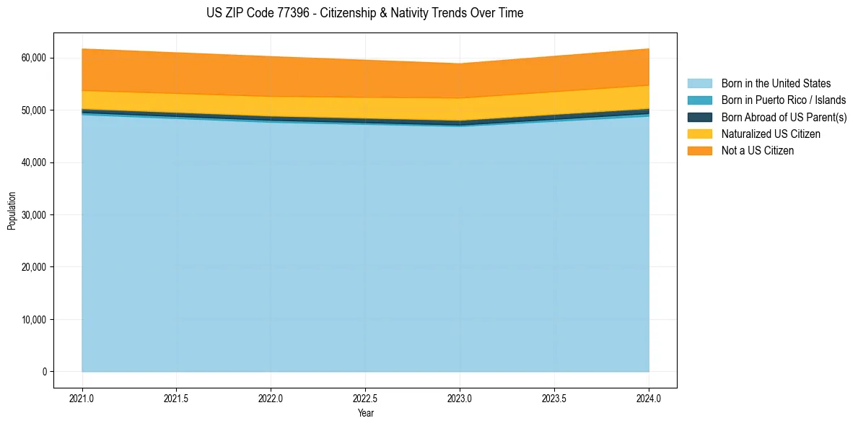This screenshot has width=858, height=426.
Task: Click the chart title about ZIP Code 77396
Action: pos(364,13)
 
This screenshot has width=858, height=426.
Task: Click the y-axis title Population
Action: pos(12,211)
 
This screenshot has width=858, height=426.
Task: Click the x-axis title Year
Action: pos(365,414)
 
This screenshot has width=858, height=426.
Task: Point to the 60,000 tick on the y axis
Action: pos(34,58)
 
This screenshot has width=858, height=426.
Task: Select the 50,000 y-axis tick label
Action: pos(34,110)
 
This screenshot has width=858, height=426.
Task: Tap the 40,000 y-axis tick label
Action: pos(34,162)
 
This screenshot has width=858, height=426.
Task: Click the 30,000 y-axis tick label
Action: pos(34,215)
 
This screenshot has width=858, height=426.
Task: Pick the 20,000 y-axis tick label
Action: pos(34,267)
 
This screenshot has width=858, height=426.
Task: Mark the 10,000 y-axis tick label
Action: pos(34,320)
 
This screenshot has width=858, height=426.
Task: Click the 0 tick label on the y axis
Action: pos(43,372)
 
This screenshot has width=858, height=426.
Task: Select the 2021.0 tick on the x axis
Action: pos(82,398)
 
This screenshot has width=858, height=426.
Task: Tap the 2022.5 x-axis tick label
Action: pos(365,398)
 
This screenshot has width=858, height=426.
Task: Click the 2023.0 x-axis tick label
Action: pos(460,398)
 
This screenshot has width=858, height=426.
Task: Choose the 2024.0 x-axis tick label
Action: pos(649,398)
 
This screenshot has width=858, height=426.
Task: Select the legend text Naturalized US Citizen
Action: pos(771,134)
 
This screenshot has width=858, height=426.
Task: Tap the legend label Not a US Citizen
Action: pos(758,151)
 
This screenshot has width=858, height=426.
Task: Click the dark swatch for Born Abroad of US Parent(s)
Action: pos(699,117)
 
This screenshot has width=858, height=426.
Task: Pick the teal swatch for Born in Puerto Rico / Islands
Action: pos(699,100)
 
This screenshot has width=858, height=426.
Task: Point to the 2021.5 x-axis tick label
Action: pos(177,398)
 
